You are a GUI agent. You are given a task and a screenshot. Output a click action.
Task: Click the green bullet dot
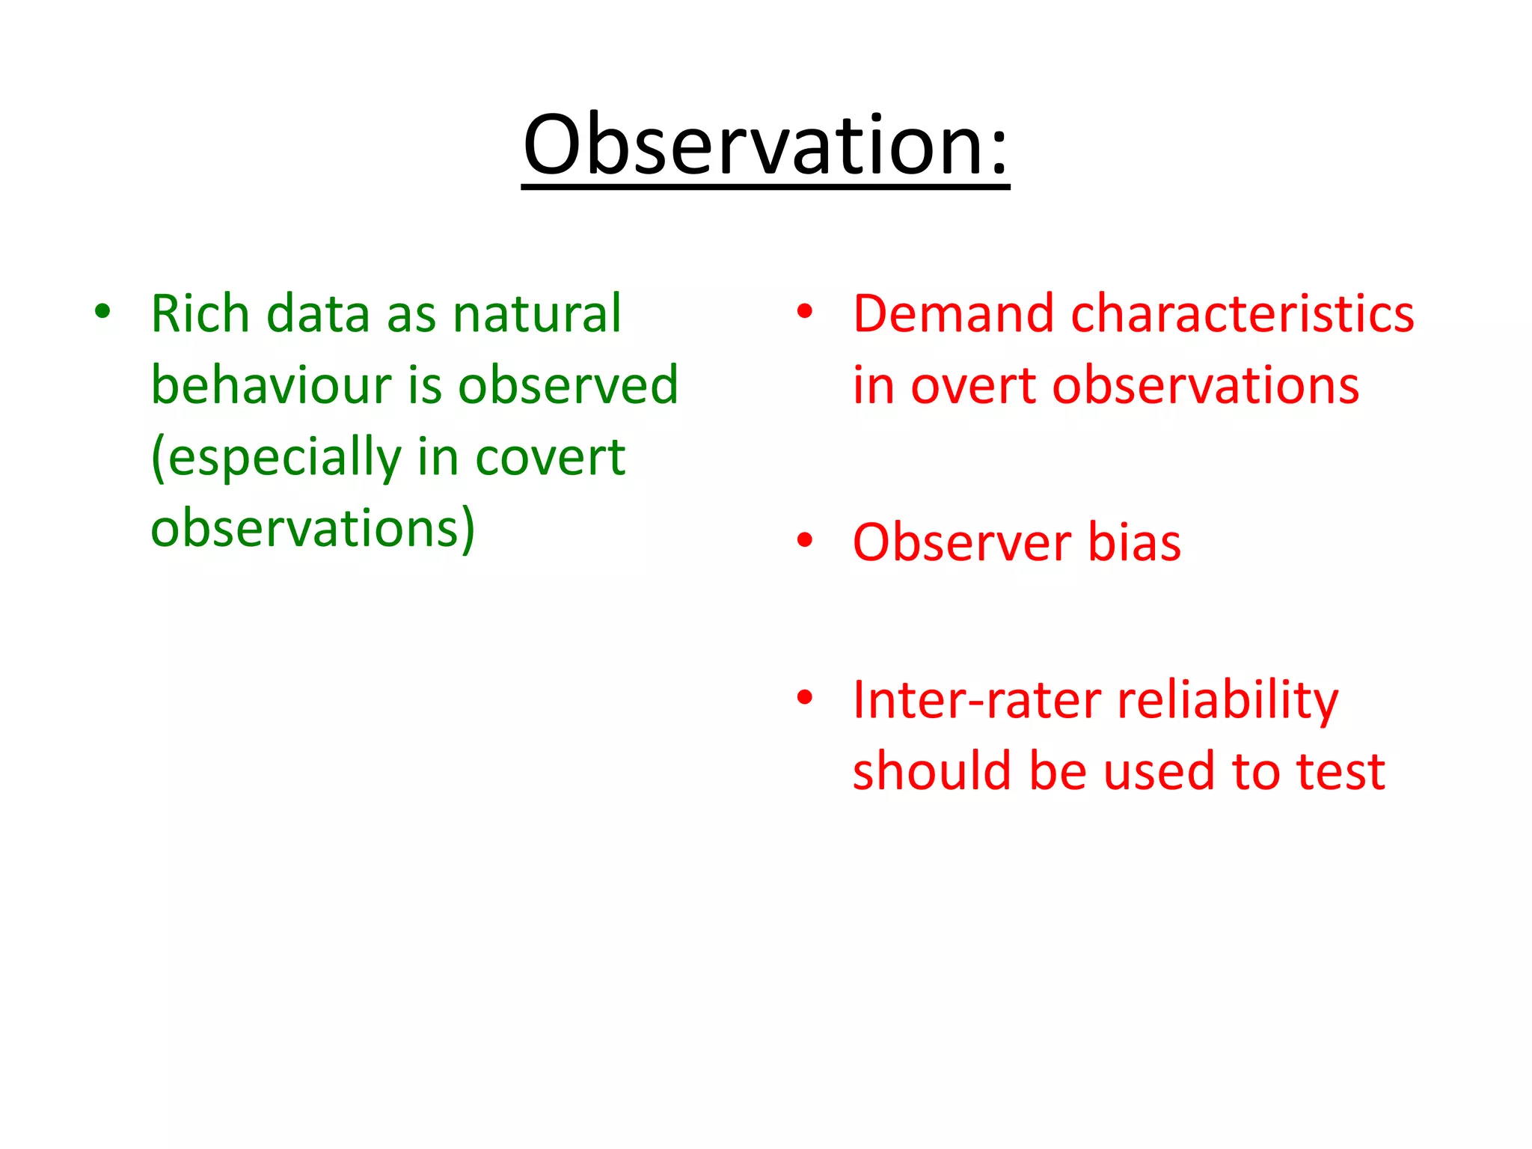pos(102,310)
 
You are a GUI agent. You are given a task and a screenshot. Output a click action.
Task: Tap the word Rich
pos(200,313)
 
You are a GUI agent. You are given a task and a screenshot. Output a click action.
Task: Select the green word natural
pos(537,313)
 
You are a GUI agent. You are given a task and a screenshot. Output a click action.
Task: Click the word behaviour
pos(271,385)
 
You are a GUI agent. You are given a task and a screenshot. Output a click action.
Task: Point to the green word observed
pos(568,385)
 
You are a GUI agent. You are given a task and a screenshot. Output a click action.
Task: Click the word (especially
pos(276,457)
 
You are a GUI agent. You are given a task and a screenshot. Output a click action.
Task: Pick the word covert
pos(550,457)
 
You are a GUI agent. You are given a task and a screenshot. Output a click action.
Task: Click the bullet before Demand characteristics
pos(805,310)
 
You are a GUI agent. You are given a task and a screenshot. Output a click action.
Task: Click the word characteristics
pos(1243,313)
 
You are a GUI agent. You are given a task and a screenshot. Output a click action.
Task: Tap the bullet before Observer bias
pos(805,539)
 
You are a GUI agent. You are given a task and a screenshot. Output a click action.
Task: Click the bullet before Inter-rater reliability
pos(805,697)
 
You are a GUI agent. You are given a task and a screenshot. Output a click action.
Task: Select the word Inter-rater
pos(977,701)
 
